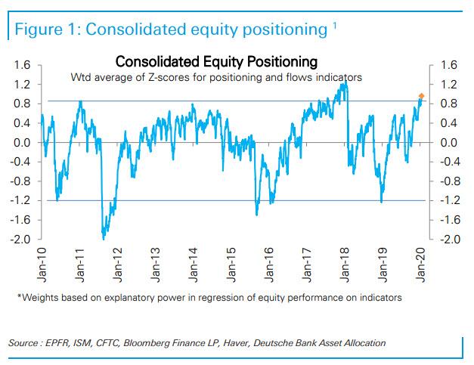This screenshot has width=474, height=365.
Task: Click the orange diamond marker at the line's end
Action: [422, 97]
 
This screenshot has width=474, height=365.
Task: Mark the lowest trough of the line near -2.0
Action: [103, 238]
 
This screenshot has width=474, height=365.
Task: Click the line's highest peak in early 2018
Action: [345, 82]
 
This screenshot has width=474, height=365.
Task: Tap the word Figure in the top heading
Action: [36, 29]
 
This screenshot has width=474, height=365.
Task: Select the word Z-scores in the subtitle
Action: [188, 77]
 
